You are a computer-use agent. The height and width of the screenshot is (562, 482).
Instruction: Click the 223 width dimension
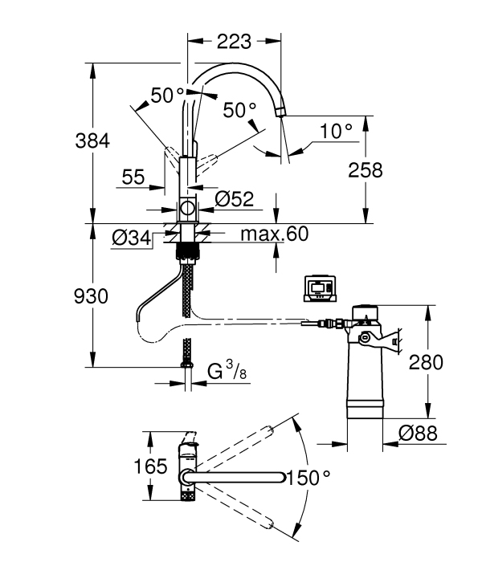(x=234, y=42)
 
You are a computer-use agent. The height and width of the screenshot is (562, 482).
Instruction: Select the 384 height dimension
(x=92, y=140)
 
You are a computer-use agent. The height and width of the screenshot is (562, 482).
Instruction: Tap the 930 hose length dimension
(x=91, y=296)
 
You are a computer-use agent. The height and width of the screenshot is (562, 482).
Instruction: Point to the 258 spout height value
(x=366, y=170)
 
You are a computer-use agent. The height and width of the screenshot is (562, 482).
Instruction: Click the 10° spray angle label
(x=336, y=131)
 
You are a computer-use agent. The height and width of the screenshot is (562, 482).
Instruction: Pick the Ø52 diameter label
(x=235, y=198)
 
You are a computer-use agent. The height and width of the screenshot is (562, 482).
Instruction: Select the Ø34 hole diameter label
(x=131, y=238)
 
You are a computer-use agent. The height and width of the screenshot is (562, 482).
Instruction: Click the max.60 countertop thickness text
(x=275, y=234)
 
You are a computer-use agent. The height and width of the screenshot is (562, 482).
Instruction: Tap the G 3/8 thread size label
(x=227, y=371)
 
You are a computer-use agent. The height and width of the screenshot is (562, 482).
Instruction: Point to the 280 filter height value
(x=426, y=362)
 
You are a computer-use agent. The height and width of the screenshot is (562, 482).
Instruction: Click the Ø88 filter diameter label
(x=419, y=433)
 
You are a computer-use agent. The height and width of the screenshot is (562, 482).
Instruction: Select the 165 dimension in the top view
(x=151, y=466)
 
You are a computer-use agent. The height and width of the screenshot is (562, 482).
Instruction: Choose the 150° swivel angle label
(x=308, y=478)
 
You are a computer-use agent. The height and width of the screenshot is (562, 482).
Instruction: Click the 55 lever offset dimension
(x=133, y=177)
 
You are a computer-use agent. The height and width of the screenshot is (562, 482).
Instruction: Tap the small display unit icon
(x=320, y=288)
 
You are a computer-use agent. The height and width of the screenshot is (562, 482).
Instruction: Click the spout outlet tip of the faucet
(x=281, y=112)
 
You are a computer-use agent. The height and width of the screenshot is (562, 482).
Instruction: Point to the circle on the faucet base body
(x=187, y=208)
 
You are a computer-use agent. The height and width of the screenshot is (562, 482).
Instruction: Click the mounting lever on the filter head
(x=379, y=340)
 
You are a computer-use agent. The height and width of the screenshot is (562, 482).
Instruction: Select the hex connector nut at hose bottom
(x=186, y=364)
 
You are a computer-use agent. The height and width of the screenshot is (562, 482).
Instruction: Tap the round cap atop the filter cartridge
(x=365, y=311)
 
